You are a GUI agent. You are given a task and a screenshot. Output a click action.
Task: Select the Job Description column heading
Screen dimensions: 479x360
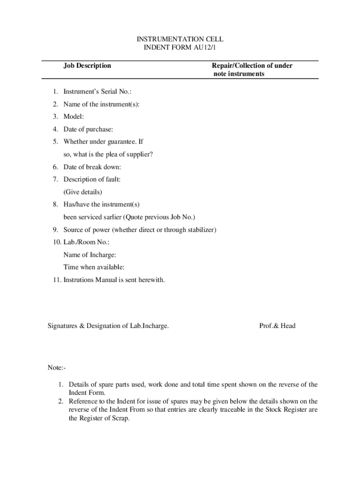click(x=87, y=65)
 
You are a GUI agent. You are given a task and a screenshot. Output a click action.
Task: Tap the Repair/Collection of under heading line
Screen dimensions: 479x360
click(x=252, y=65)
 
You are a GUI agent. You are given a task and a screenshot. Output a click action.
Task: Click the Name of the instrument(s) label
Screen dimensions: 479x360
click(x=101, y=104)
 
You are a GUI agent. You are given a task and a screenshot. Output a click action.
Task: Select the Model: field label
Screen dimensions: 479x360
click(x=74, y=117)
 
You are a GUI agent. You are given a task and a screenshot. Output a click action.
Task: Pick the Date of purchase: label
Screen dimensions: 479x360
click(x=88, y=129)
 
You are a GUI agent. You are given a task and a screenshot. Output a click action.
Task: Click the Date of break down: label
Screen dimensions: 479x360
click(x=92, y=167)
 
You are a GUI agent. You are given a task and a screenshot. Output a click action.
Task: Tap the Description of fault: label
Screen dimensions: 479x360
click(x=92, y=179)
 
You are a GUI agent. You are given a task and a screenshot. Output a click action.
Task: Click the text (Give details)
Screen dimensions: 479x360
click(x=83, y=192)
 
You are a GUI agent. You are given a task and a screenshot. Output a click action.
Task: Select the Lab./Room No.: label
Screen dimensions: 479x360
click(x=86, y=242)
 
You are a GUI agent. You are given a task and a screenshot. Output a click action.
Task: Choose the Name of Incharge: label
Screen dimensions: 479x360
click(x=90, y=255)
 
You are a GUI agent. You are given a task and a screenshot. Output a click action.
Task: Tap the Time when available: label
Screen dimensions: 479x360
click(x=94, y=268)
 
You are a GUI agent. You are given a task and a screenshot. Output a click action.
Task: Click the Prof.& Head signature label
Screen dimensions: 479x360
click(x=277, y=326)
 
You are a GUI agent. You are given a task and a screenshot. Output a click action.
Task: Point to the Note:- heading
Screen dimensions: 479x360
click(x=57, y=368)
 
